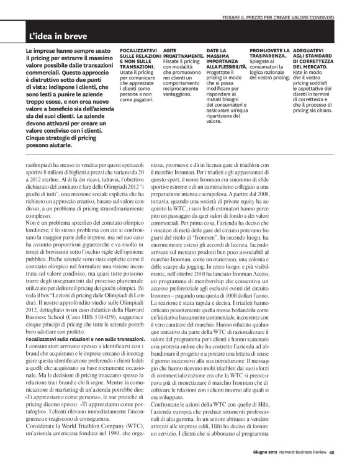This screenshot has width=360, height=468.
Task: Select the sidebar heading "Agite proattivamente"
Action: (x=178, y=52)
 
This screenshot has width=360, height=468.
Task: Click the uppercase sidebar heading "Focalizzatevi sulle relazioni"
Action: (x=137, y=57)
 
